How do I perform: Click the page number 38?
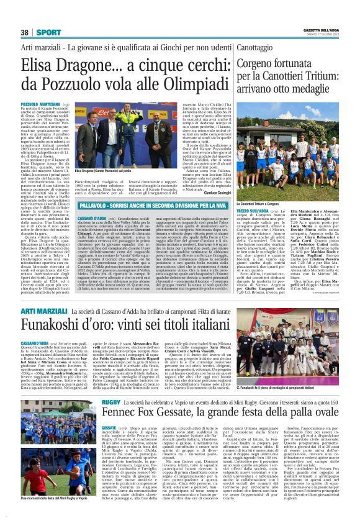[x=25, y=32]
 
